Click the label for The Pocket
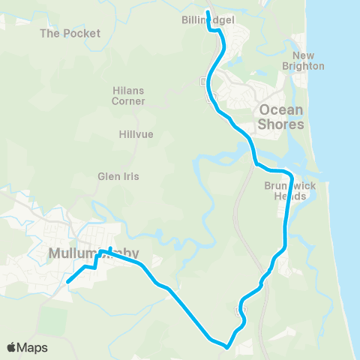[x=70, y=33]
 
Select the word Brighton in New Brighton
[x=308, y=66]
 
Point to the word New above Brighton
[x=304, y=56]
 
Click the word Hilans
[x=128, y=90]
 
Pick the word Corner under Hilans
[x=128, y=100]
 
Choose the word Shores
[x=281, y=124]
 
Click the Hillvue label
[x=136, y=135]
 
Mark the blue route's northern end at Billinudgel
[x=208, y=12]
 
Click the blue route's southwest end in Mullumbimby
[x=67, y=282]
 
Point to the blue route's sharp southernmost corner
[x=226, y=346]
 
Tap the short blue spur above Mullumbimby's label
[x=110, y=250]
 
